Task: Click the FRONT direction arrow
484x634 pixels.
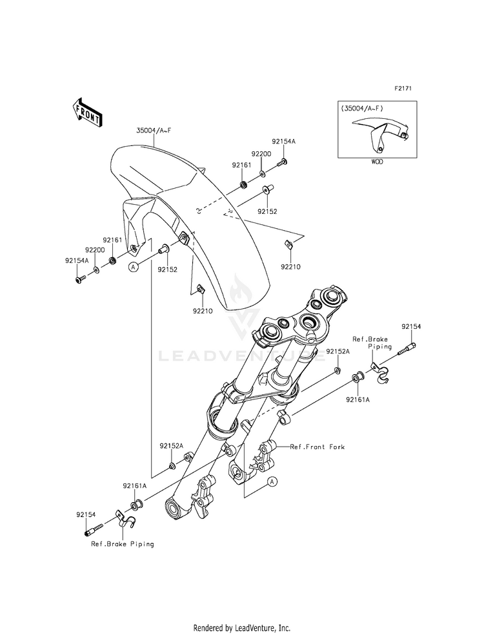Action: pyautogui.click(x=86, y=112)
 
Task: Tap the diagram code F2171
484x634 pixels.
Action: pyautogui.click(x=403, y=88)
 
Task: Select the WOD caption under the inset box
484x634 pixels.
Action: pyautogui.click(x=377, y=162)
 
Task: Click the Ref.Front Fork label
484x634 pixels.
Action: pyautogui.click(x=318, y=447)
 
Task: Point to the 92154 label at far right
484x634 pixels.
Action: pyautogui.click(x=411, y=326)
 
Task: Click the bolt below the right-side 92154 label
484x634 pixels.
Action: pyautogui.click(x=407, y=349)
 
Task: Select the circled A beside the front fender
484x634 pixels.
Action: pyautogui.click(x=134, y=266)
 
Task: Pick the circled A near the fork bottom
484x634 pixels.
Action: pyautogui.click(x=272, y=481)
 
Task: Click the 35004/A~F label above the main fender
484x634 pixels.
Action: pyautogui.click(x=154, y=131)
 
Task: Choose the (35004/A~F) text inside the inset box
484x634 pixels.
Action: pyautogui.click(x=362, y=109)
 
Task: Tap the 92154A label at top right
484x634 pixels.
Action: pyautogui.click(x=283, y=142)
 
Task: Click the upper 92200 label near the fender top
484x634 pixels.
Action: pyautogui.click(x=261, y=154)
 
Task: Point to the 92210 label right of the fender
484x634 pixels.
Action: pyautogui.click(x=291, y=267)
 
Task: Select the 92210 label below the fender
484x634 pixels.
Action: pyautogui.click(x=203, y=311)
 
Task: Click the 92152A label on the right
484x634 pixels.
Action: pyautogui.click(x=338, y=352)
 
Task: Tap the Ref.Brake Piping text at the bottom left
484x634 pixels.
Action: pyautogui.click(x=123, y=544)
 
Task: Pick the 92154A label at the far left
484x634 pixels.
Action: pyautogui.click(x=77, y=261)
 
